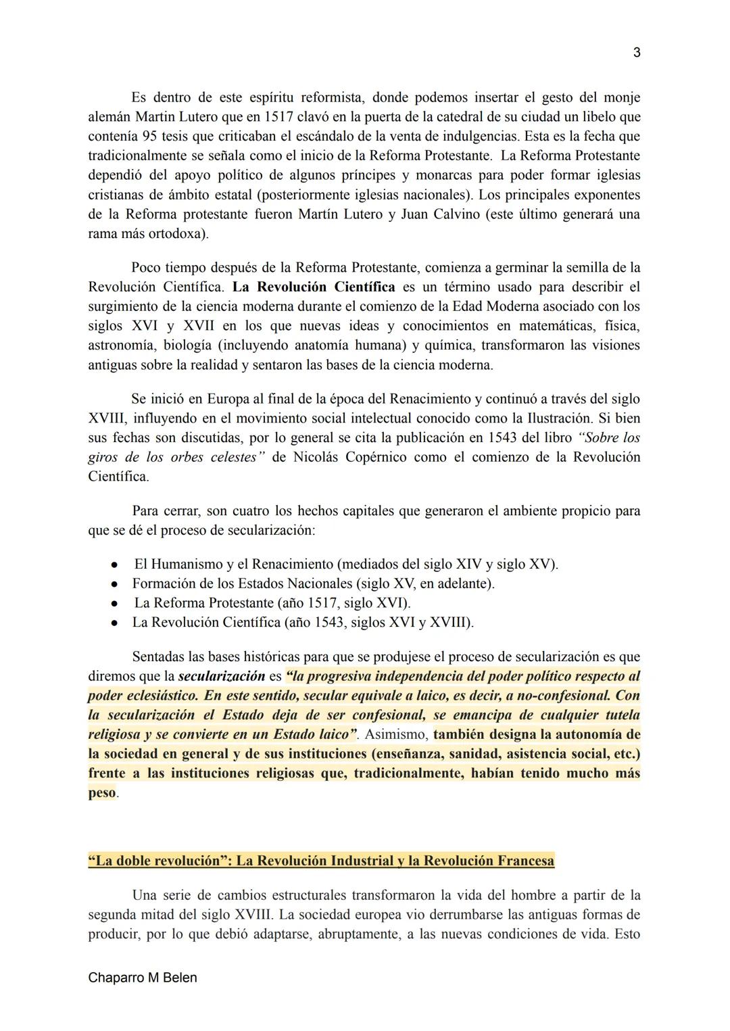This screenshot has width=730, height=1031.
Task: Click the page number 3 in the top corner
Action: click(x=636, y=53)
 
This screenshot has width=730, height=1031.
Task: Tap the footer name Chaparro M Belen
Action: click(x=142, y=978)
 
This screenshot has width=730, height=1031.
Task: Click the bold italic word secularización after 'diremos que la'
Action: click(x=221, y=676)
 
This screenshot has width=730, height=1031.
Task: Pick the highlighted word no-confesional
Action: click(x=560, y=696)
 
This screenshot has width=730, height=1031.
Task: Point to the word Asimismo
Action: click(x=395, y=734)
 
